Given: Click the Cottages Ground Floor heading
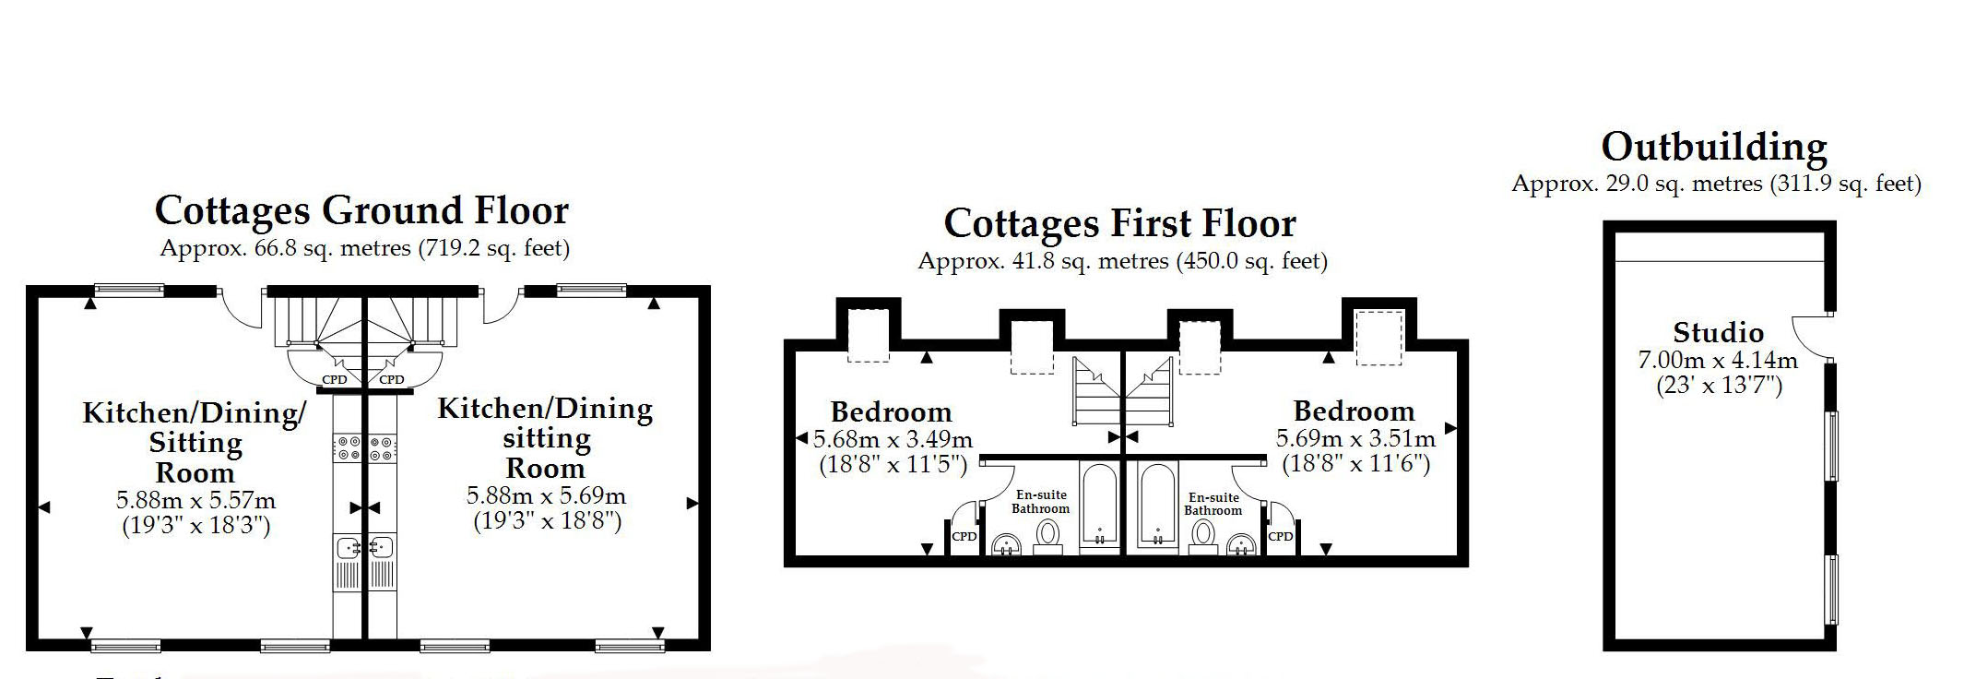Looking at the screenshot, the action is [361, 210].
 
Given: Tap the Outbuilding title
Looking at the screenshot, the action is [1714, 147].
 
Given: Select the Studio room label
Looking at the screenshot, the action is [1719, 332].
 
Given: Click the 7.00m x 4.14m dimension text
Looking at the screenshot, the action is [1718, 359].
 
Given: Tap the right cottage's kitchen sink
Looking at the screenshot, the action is [382, 547].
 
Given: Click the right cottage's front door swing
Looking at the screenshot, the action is [499, 310].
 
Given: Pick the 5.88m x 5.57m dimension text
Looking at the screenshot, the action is [195, 501].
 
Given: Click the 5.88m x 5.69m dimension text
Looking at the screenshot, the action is [546, 496].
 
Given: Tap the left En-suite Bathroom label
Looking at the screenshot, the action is [1041, 502].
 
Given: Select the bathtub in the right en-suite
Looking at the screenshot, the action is [1157, 506].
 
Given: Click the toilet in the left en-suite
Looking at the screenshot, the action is [1048, 536].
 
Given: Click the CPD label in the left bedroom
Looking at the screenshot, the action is [964, 536].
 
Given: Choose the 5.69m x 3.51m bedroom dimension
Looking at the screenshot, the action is [1355, 439].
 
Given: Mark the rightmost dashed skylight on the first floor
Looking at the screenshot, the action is [1378, 338].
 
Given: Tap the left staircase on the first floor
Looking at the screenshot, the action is [1096, 392].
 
